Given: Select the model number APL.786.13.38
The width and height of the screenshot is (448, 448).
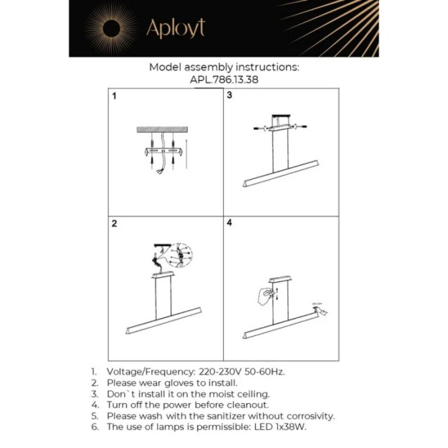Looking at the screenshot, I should coord(224,81).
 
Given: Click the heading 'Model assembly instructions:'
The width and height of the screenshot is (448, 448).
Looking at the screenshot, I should coord(224,67).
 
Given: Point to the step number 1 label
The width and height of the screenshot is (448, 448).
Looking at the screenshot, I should coord(115,97).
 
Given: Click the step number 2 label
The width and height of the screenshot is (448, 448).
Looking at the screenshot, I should coord(115,224).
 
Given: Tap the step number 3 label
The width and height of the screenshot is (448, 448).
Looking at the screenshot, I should coord(229,97).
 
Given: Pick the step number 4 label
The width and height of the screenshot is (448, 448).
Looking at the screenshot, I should coord(229,224).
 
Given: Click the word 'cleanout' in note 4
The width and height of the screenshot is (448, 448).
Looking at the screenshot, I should coord(246,405).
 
